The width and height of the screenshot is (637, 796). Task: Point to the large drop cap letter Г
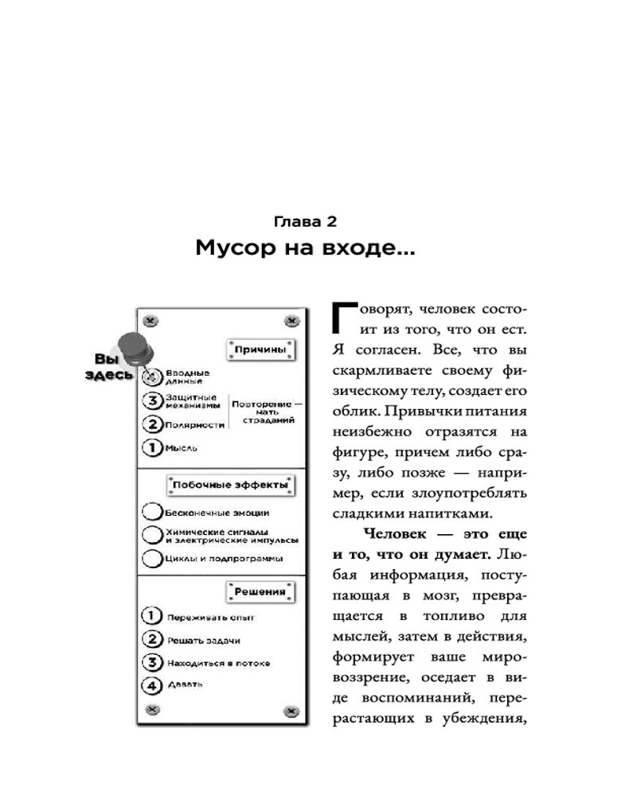(338, 317)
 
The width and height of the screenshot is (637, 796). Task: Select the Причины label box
(259, 349)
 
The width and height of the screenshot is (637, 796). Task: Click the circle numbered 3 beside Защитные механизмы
(152, 400)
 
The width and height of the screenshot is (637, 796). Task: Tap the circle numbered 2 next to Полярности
(152, 424)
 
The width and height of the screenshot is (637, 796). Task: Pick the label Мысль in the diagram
(181, 448)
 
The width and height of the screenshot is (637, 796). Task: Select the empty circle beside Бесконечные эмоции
(152, 513)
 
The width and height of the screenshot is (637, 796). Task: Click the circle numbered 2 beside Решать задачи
(152, 639)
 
